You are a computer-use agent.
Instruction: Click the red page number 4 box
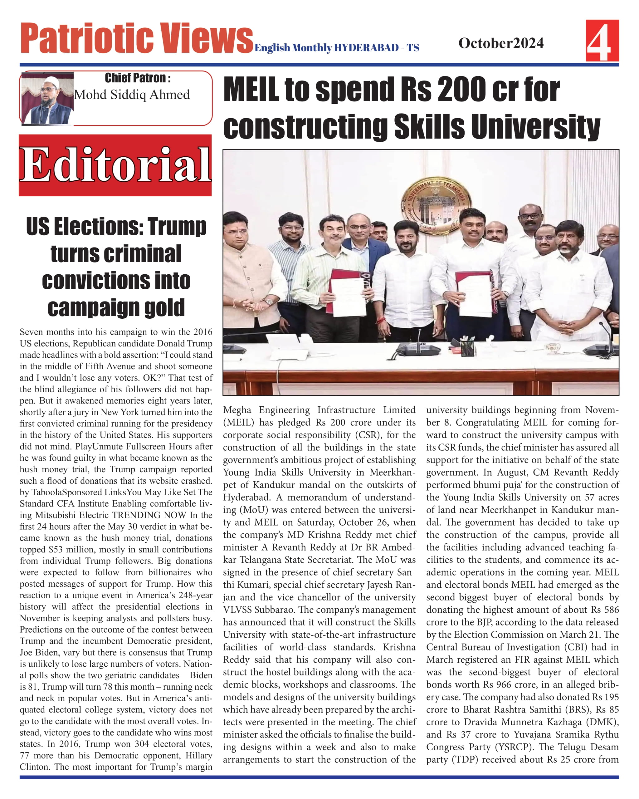click(x=602, y=41)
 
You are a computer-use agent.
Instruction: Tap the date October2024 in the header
click(x=501, y=43)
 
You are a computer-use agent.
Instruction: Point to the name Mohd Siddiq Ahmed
click(x=132, y=95)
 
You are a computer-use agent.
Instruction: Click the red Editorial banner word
click(x=115, y=165)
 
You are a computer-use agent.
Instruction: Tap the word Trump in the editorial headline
click(x=177, y=227)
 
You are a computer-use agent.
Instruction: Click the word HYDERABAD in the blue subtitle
click(x=366, y=48)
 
